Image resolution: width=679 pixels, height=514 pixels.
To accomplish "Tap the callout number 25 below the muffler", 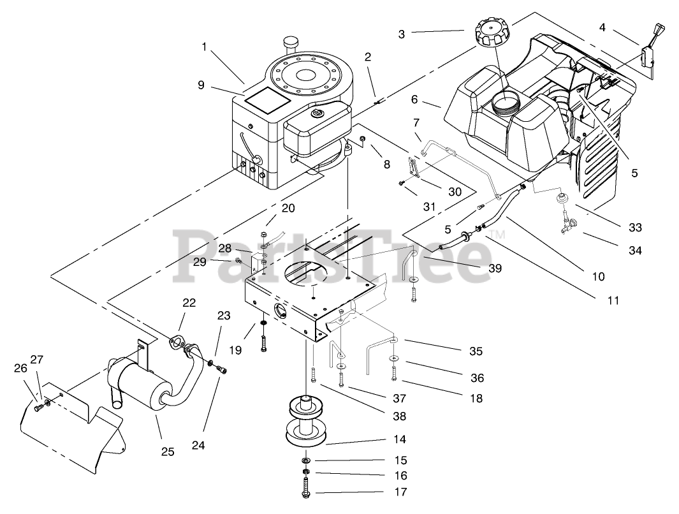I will (x=168, y=452).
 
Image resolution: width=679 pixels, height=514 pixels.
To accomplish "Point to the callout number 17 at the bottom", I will (x=400, y=492).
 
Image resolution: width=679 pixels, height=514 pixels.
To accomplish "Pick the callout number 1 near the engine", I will (x=205, y=47).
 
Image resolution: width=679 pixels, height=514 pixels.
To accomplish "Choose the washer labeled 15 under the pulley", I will (x=307, y=460).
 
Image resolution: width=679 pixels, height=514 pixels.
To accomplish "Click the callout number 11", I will (x=613, y=300).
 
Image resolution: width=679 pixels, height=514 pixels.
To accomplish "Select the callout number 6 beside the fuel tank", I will (x=415, y=99).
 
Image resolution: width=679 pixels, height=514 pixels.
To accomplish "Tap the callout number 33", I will (x=634, y=228).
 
